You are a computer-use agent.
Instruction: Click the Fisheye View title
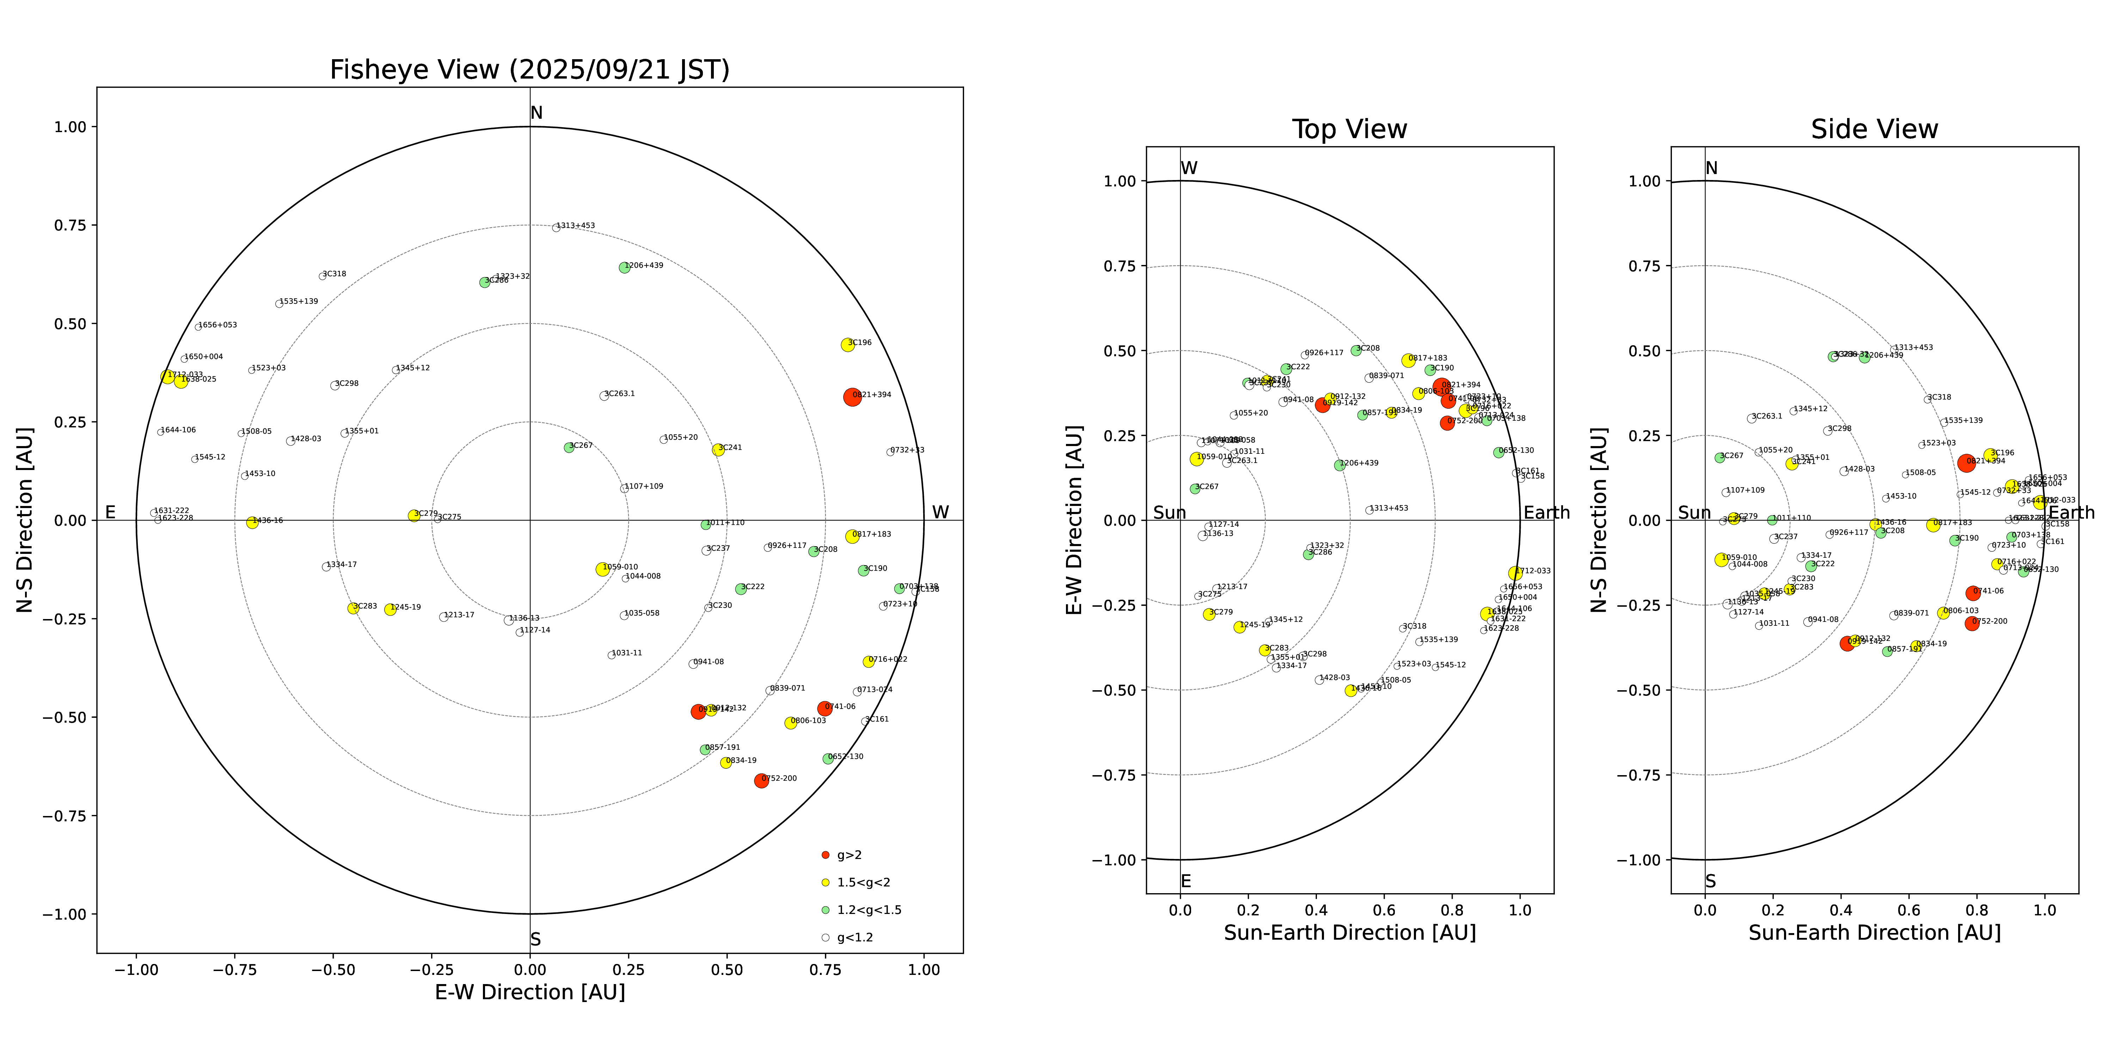(x=529, y=70)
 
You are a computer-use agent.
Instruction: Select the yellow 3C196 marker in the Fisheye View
(x=847, y=345)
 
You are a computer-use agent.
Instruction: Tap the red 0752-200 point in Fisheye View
(x=761, y=780)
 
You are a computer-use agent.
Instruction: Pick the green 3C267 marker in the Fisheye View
(x=569, y=447)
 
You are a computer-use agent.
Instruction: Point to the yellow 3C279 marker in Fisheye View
(x=414, y=515)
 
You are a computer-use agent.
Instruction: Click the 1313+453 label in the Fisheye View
(x=576, y=226)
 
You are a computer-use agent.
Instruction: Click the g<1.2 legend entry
(x=854, y=937)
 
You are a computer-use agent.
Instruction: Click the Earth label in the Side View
(x=2071, y=513)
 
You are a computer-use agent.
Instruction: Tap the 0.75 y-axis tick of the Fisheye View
(x=70, y=225)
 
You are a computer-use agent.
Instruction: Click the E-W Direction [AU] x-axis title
(x=529, y=992)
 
